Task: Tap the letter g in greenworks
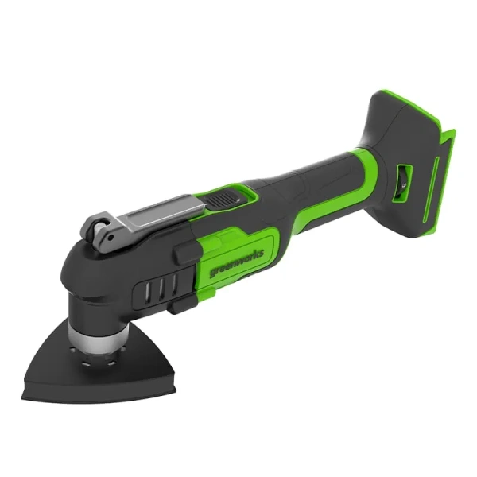(x=215, y=276)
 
